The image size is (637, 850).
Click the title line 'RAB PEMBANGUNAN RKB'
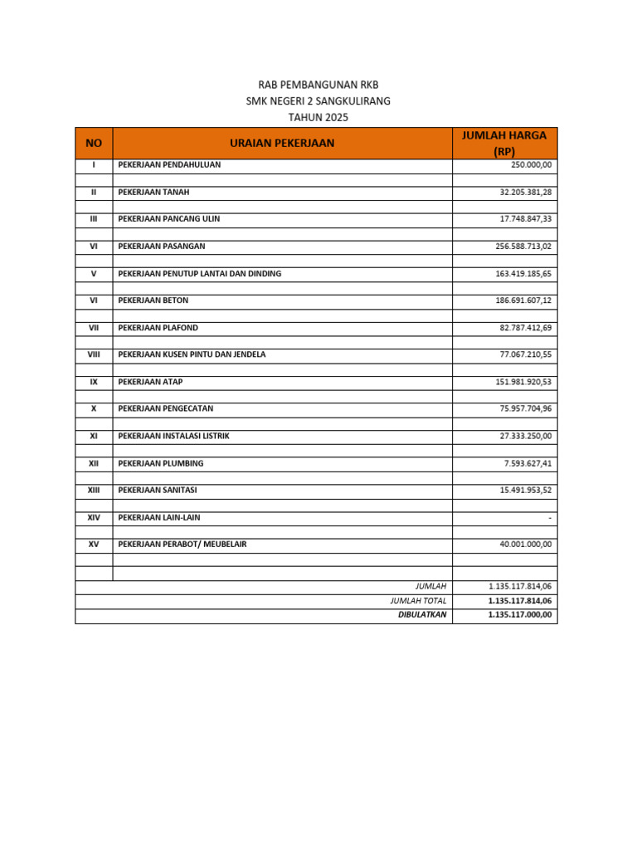coord(318,85)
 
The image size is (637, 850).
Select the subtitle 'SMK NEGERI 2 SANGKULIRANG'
coord(318,101)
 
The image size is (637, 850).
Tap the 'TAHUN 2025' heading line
coord(318,118)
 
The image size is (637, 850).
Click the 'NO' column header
coord(94,143)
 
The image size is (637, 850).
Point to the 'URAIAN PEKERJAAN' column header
coord(282,143)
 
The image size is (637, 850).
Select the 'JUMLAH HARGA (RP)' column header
coord(504,143)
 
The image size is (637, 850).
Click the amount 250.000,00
coord(531,165)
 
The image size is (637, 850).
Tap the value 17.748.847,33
coord(525,219)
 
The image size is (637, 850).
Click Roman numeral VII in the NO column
coord(94,328)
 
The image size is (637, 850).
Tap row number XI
coord(94,436)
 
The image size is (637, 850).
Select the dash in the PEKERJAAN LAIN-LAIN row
coord(549,518)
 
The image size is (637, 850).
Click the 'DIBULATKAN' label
coord(422,615)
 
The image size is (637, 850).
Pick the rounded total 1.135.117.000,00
coord(520,615)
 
